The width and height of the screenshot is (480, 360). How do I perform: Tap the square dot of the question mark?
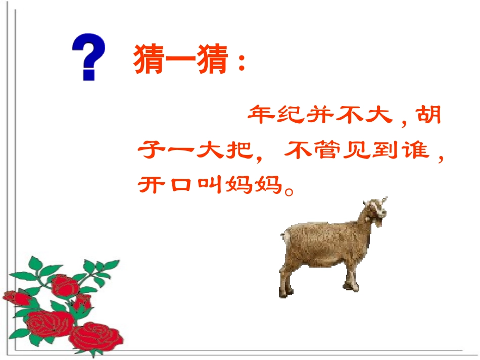89,75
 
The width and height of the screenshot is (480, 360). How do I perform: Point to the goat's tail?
286,235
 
